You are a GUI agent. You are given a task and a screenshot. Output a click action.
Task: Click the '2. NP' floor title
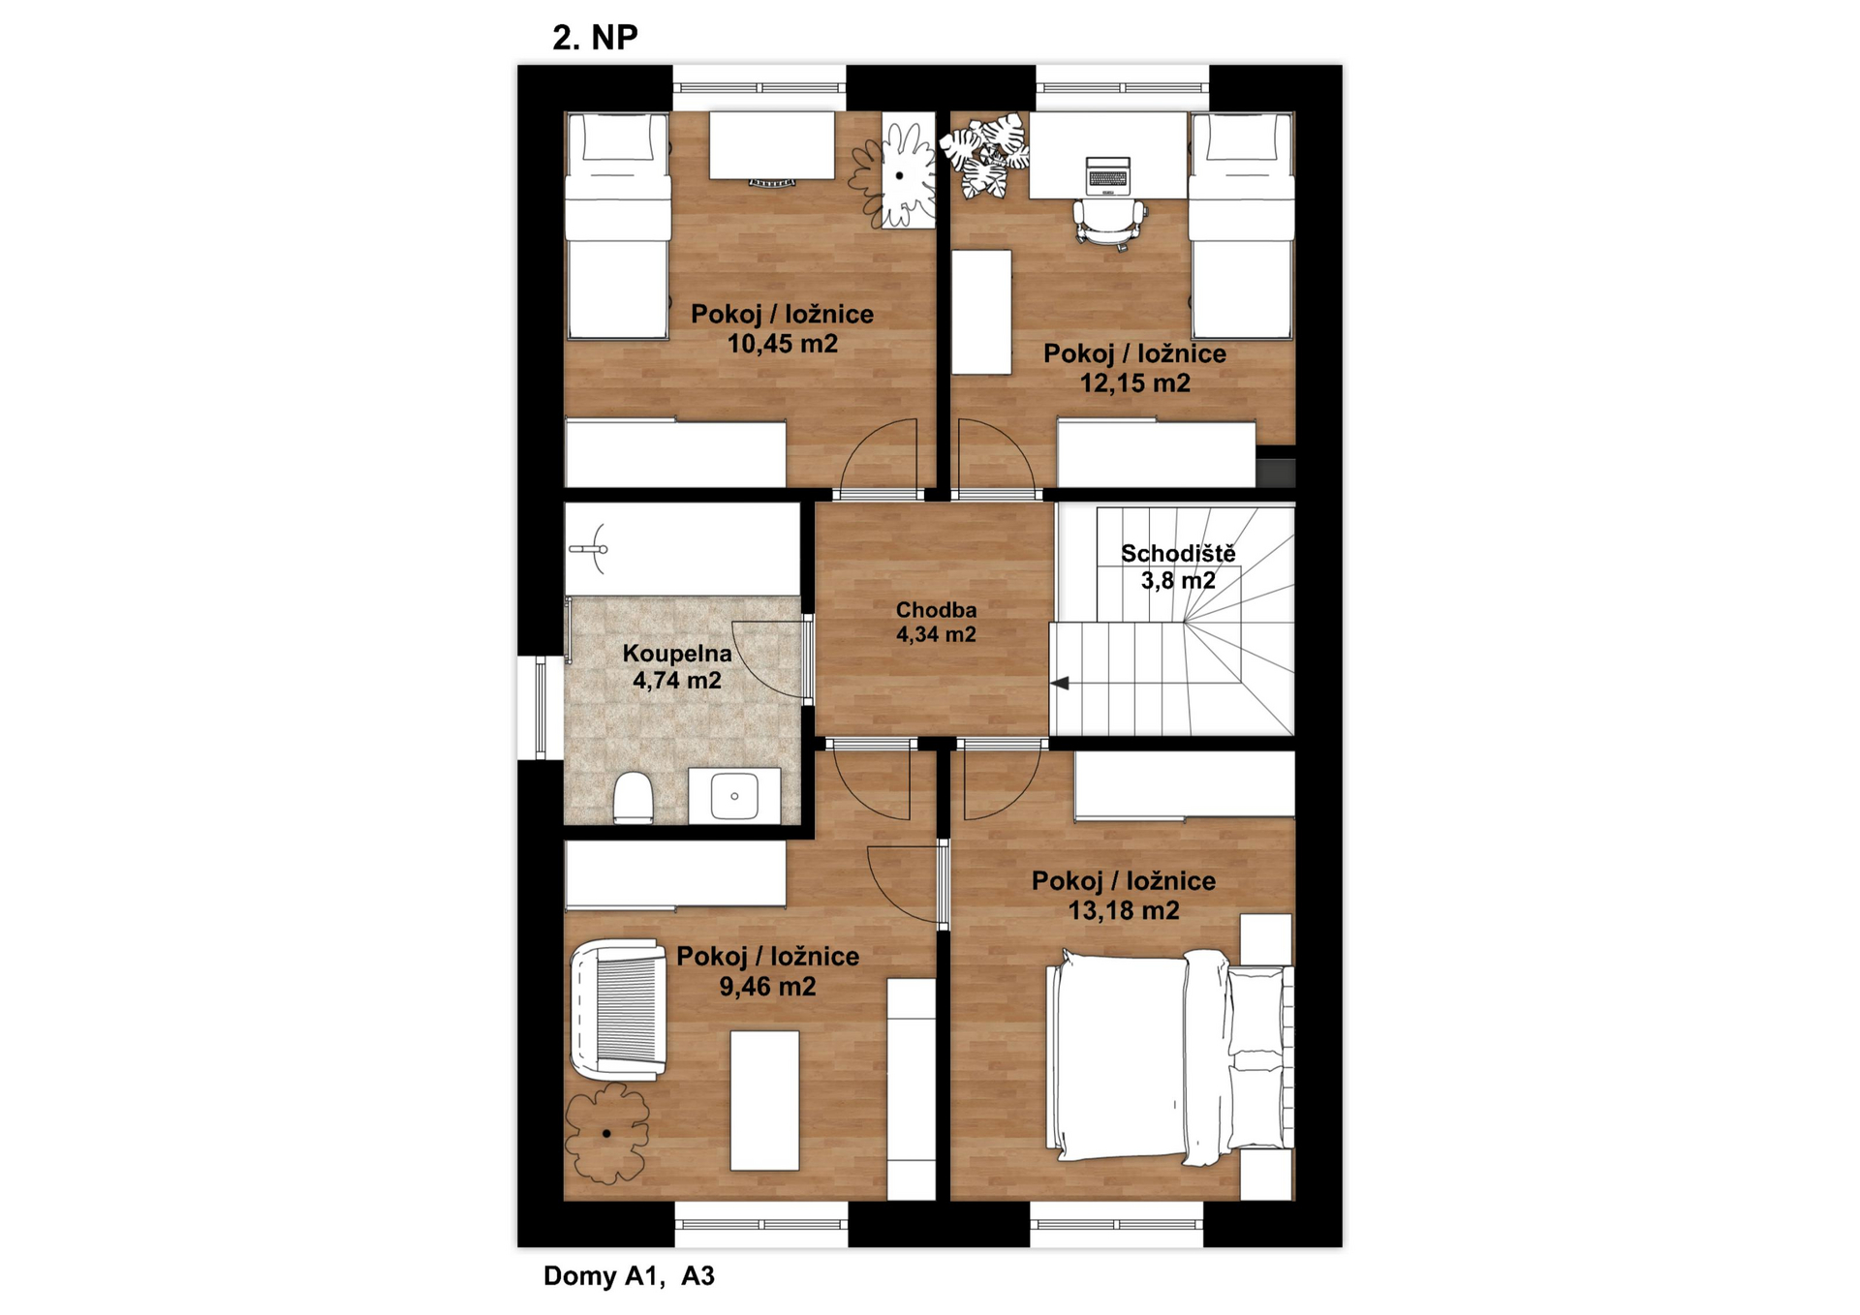pyautogui.click(x=595, y=38)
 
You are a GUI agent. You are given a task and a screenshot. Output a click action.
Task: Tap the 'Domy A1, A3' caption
pyautogui.click(x=629, y=1275)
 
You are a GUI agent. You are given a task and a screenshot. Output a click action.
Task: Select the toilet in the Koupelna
pyautogui.click(x=634, y=797)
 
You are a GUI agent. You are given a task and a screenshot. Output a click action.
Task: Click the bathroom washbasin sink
pyautogui.click(x=734, y=795)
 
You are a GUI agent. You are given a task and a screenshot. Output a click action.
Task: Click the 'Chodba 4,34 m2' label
pyautogui.click(x=936, y=622)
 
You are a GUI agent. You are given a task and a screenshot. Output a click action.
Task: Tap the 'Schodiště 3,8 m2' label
pyautogui.click(x=1178, y=566)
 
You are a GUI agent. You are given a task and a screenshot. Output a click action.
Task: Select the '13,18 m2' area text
pyautogui.click(x=1124, y=910)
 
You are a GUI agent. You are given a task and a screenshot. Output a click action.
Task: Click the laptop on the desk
pyautogui.click(x=1107, y=173)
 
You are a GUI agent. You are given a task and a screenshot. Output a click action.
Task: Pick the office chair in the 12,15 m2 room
pyautogui.click(x=1109, y=223)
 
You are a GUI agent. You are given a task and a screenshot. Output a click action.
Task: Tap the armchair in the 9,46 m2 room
pyautogui.click(x=619, y=1009)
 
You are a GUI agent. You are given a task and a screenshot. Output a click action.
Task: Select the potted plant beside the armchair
pyautogui.click(x=607, y=1133)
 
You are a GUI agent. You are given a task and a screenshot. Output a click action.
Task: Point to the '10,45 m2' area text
pyautogui.click(x=783, y=344)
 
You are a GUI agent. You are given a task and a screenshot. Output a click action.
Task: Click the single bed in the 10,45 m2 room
pyautogui.click(x=618, y=226)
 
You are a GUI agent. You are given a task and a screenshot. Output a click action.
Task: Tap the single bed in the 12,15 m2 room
pyautogui.click(x=1242, y=226)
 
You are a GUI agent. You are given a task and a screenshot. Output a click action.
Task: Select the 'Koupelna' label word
pyautogui.click(x=677, y=654)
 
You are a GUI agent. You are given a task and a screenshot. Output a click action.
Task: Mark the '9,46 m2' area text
pyautogui.click(x=767, y=987)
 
